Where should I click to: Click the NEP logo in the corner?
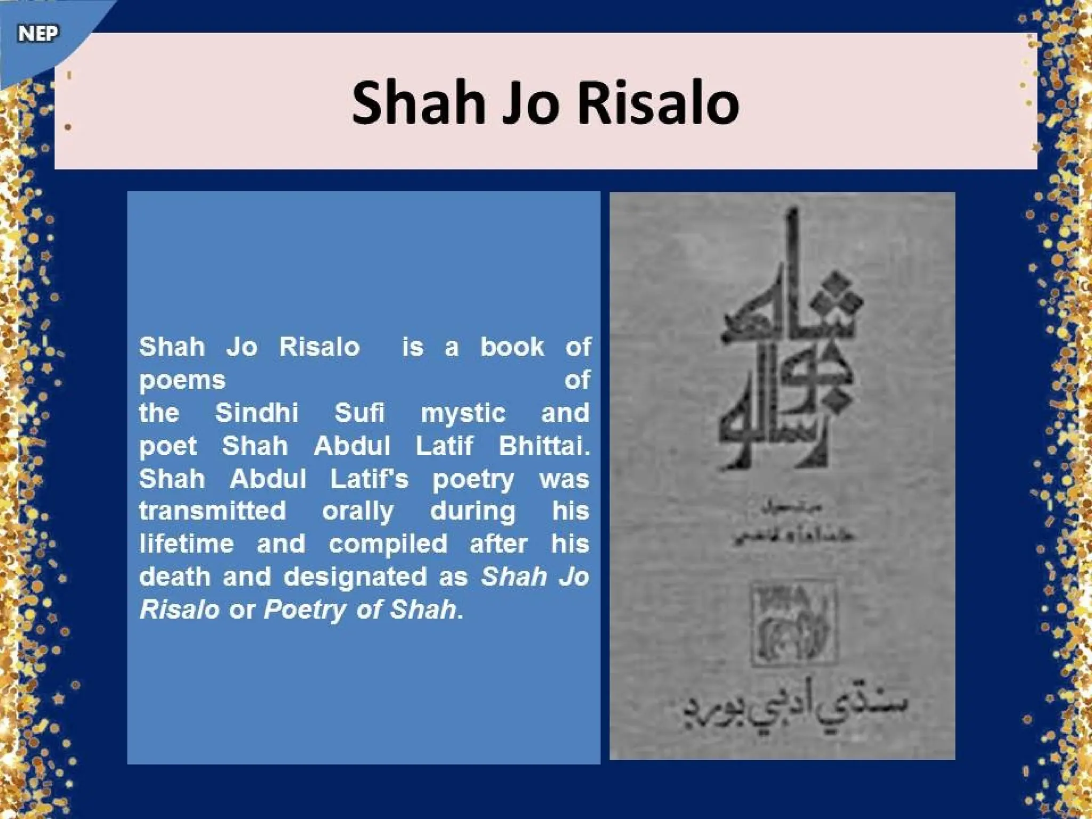(38, 34)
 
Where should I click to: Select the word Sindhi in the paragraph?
(256, 413)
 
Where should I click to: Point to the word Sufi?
(359, 413)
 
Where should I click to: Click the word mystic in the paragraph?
(463, 414)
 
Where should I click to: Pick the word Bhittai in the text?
(544, 446)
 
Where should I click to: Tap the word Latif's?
(369, 478)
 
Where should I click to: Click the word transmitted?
(213, 511)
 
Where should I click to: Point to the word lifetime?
(187, 544)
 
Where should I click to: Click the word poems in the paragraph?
(182, 381)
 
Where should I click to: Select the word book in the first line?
(512, 347)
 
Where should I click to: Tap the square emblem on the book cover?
(793, 623)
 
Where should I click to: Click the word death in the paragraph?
(174, 577)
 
